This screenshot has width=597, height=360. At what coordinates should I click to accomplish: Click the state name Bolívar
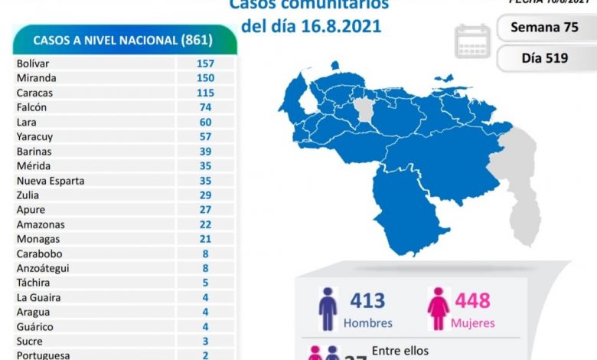34,64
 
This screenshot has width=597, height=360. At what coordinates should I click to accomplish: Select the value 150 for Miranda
204,78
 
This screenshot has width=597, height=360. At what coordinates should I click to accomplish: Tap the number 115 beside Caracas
204,93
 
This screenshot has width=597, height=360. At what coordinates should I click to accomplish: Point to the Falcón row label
31,107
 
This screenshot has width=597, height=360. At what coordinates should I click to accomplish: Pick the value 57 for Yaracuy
204,136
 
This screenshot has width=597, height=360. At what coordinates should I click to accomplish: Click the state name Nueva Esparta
51,181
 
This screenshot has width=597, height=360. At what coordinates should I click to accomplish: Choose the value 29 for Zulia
204,195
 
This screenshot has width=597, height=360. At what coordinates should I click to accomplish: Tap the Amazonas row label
41,224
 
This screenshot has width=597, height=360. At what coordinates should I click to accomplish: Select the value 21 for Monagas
204,239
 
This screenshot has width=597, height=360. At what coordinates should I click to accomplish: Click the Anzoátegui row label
43,268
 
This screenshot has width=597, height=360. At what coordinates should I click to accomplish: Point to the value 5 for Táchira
204,283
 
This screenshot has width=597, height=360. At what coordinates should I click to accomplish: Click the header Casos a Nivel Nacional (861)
123,40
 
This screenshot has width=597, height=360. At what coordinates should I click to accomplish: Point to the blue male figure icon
328,309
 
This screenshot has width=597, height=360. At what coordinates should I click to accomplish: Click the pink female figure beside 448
438,309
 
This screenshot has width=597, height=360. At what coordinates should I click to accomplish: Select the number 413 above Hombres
367,301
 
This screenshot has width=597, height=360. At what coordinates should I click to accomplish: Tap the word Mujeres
472,323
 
